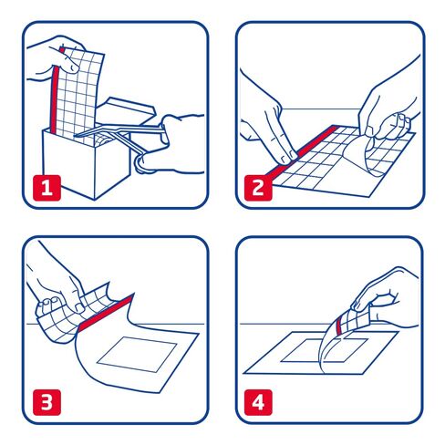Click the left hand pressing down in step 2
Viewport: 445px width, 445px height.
[x=269, y=128]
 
